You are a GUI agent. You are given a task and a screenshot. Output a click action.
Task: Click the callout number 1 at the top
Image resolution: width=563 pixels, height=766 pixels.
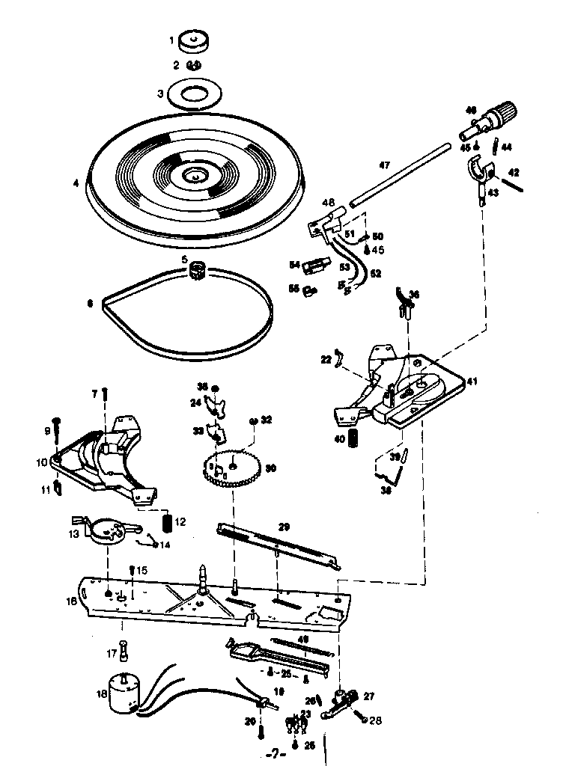click(x=171, y=40)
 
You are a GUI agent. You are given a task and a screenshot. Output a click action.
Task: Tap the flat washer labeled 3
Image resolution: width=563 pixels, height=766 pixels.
click(x=196, y=94)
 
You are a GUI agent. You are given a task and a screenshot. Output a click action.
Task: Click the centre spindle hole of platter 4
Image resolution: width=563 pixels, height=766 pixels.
click(x=195, y=176)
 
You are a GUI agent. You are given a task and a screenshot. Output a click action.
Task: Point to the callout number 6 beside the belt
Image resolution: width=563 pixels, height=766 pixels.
click(x=90, y=303)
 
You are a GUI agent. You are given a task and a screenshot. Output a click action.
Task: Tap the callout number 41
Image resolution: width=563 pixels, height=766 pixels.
click(x=472, y=382)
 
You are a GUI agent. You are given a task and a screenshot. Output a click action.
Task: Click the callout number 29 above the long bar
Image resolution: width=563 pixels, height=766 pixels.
click(x=284, y=527)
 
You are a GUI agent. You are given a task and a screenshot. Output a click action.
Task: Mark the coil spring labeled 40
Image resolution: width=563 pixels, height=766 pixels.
click(x=358, y=440)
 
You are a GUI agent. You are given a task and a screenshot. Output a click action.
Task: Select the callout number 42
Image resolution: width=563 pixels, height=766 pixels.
click(x=514, y=172)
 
